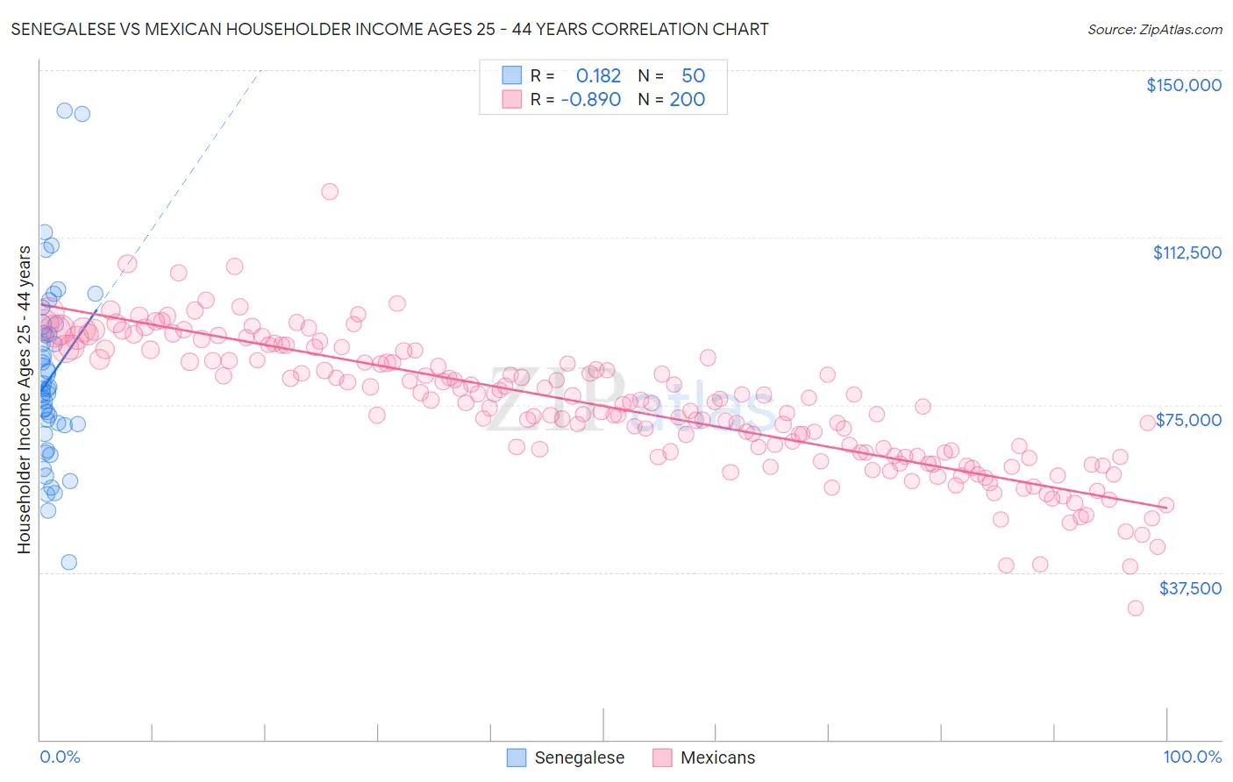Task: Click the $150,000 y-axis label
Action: (x=1183, y=85)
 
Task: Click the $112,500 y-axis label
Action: (x=1187, y=252)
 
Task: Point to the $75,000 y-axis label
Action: (x=1188, y=420)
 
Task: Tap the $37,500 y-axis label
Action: (x=1190, y=588)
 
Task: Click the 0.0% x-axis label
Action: (x=60, y=757)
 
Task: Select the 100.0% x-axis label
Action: (x=1192, y=757)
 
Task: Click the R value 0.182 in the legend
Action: (x=598, y=75)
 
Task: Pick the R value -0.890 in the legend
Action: (x=591, y=99)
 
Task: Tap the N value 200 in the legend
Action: (x=687, y=99)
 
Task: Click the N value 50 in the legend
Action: (x=693, y=75)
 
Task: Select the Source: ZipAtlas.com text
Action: (x=1154, y=29)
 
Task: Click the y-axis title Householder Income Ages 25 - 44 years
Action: (x=25, y=399)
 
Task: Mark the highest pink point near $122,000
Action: (x=330, y=191)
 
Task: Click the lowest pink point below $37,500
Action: (x=1136, y=608)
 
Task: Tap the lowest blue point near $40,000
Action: (x=68, y=562)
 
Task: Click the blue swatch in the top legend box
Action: (x=512, y=75)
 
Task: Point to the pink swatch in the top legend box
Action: (x=512, y=99)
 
